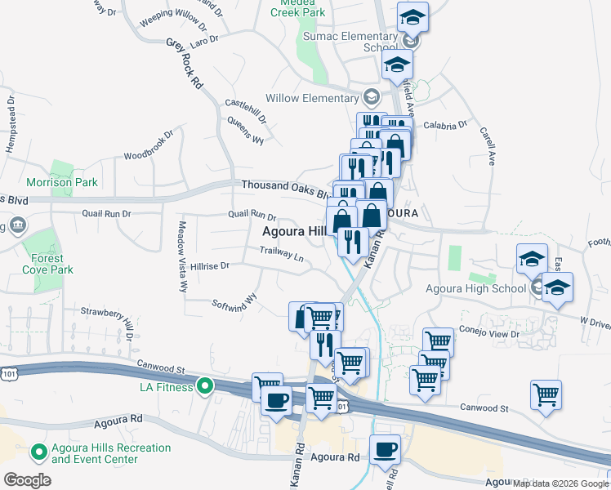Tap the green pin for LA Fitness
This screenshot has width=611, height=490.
(x=205, y=385)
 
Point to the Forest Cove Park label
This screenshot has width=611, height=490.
(x=47, y=263)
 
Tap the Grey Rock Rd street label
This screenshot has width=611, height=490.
(x=185, y=63)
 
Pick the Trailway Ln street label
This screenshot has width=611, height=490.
(x=282, y=254)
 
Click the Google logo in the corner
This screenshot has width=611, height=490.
(x=27, y=479)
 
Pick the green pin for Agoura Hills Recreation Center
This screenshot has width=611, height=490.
(x=38, y=452)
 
